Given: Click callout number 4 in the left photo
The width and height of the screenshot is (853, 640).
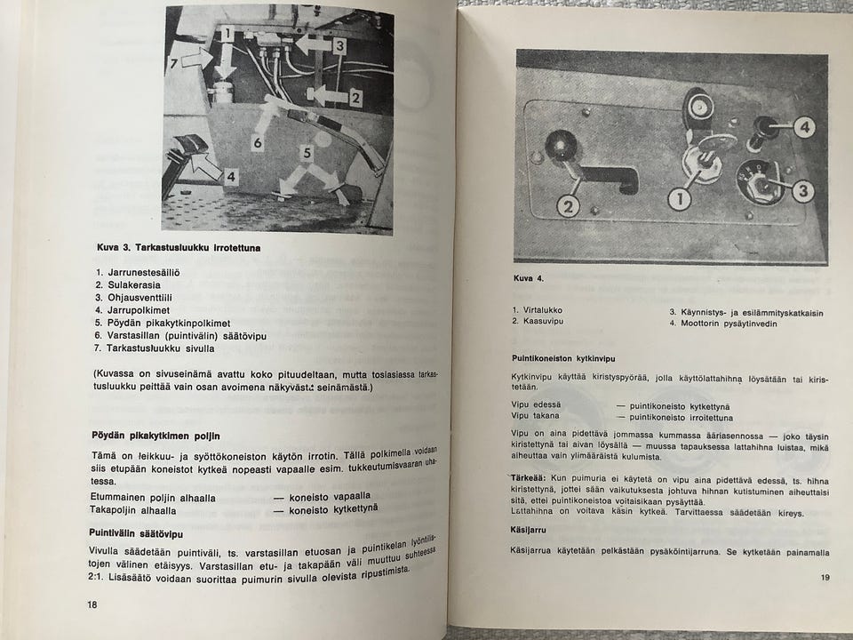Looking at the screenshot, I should (230, 176).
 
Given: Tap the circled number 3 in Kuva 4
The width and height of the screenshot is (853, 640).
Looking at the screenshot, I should (802, 190).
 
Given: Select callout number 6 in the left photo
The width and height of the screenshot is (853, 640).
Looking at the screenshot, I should (257, 142).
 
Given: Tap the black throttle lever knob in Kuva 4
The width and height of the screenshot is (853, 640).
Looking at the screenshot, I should (562, 144).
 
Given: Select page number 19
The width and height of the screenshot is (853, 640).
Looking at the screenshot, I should (825, 579).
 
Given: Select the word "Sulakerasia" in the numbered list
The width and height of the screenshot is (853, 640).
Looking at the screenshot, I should (132, 284).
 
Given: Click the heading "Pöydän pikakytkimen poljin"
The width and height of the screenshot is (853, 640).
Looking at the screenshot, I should (156, 436).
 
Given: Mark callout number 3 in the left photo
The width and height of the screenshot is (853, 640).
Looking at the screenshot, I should (339, 45).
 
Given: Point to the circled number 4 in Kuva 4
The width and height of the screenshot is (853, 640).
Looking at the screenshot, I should (803, 127).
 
